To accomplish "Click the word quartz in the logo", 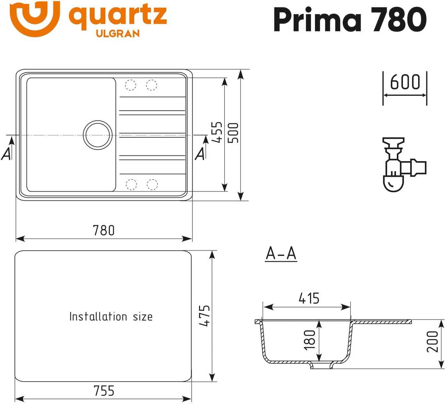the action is point(118,17).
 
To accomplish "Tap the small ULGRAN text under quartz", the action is point(118,34).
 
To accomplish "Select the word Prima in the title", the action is point(317,19).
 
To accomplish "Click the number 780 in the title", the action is point(399,19).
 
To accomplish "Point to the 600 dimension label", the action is point(405,82).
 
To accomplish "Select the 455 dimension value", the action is point(217,132).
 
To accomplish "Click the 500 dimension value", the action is point(233,133).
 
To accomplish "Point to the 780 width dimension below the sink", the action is point(104,230).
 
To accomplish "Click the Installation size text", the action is point(111,316).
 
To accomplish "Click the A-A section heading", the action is point(281,253).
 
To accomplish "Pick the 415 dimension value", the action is point(309,298).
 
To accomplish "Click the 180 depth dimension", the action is point(309,340).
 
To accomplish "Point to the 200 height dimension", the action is point(432,342).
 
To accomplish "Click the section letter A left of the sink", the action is point(6,154).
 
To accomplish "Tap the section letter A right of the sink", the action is point(200,154).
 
